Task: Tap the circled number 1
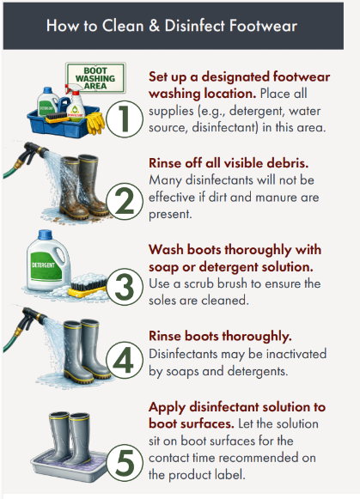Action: coord(124,117)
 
